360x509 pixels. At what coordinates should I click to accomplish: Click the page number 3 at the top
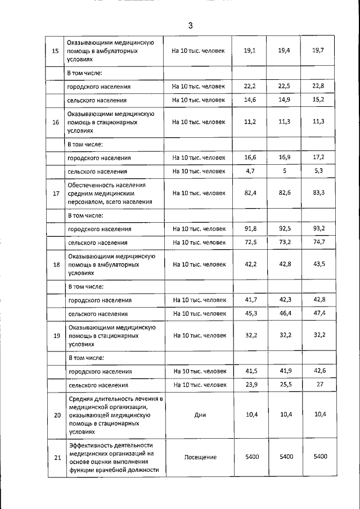(x=191, y=26)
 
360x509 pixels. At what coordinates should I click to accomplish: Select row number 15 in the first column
(x=56, y=51)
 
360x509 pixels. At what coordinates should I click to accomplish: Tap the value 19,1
(x=250, y=51)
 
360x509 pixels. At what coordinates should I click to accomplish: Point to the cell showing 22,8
(x=318, y=86)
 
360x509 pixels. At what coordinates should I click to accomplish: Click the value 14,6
(x=250, y=100)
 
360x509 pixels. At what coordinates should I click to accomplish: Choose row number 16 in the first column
(x=56, y=122)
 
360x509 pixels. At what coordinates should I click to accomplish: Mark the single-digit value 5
(x=285, y=171)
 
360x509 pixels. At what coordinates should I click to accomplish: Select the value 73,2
(x=285, y=242)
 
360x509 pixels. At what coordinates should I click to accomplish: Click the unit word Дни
(x=200, y=416)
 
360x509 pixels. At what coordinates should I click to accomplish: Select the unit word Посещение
(x=200, y=457)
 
